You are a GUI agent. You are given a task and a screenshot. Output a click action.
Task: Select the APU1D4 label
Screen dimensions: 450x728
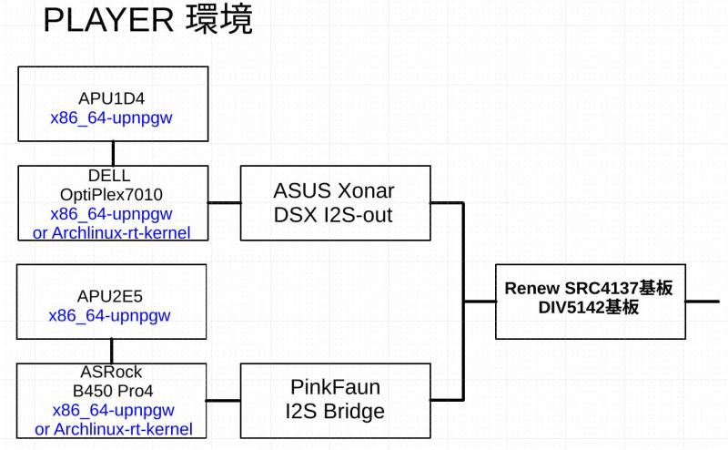pyautogui.click(x=112, y=98)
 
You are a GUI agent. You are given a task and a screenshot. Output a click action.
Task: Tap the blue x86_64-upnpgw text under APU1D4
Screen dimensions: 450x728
pyautogui.click(x=112, y=118)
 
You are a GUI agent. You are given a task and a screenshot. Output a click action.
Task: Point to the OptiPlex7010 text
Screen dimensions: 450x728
pyautogui.click(x=111, y=195)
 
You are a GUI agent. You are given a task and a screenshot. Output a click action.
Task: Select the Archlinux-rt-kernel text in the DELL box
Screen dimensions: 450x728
pyautogui.click(x=120, y=232)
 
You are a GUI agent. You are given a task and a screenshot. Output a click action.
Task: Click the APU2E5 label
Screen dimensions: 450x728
pyautogui.click(x=111, y=297)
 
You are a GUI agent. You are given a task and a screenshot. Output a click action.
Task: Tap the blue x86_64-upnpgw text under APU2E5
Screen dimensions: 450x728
pyautogui.click(x=111, y=316)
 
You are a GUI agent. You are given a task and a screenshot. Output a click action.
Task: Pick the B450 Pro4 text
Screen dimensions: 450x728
pyautogui.click(x=111, y=392)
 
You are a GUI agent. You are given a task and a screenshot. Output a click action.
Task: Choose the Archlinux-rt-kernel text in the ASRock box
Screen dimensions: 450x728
pyautogui.click(x=120, y=429)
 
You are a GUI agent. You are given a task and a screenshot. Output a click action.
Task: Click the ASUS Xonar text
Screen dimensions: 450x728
pyautogui.click(x=335, y=191)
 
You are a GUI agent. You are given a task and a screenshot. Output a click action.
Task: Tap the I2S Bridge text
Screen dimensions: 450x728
pyautogui.click(x=335, y=412)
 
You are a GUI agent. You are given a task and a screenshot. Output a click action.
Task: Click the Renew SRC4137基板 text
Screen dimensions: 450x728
pyautogui.click(x=588, y=289)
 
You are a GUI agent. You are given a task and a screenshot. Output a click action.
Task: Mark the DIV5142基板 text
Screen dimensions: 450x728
pyautogui.click(x=588, y=308)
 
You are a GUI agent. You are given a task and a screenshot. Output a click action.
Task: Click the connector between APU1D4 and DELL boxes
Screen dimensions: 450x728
pyautogui.click(x=112, y=153)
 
